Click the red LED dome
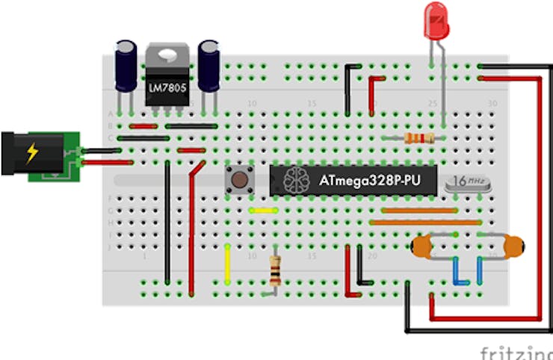(x=436, y=20)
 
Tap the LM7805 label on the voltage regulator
(x=167, y=88)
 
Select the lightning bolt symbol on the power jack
(x=31, y=153)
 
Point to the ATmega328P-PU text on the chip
(x=368, y=180)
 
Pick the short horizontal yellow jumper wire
(x=262, y=211)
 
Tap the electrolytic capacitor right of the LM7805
(x=208, y=65)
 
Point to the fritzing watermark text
(x=516, y=352)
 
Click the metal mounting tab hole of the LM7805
(x=167, y=55)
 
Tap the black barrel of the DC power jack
(x=15, y=153)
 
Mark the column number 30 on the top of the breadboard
(x=492, y=102)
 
